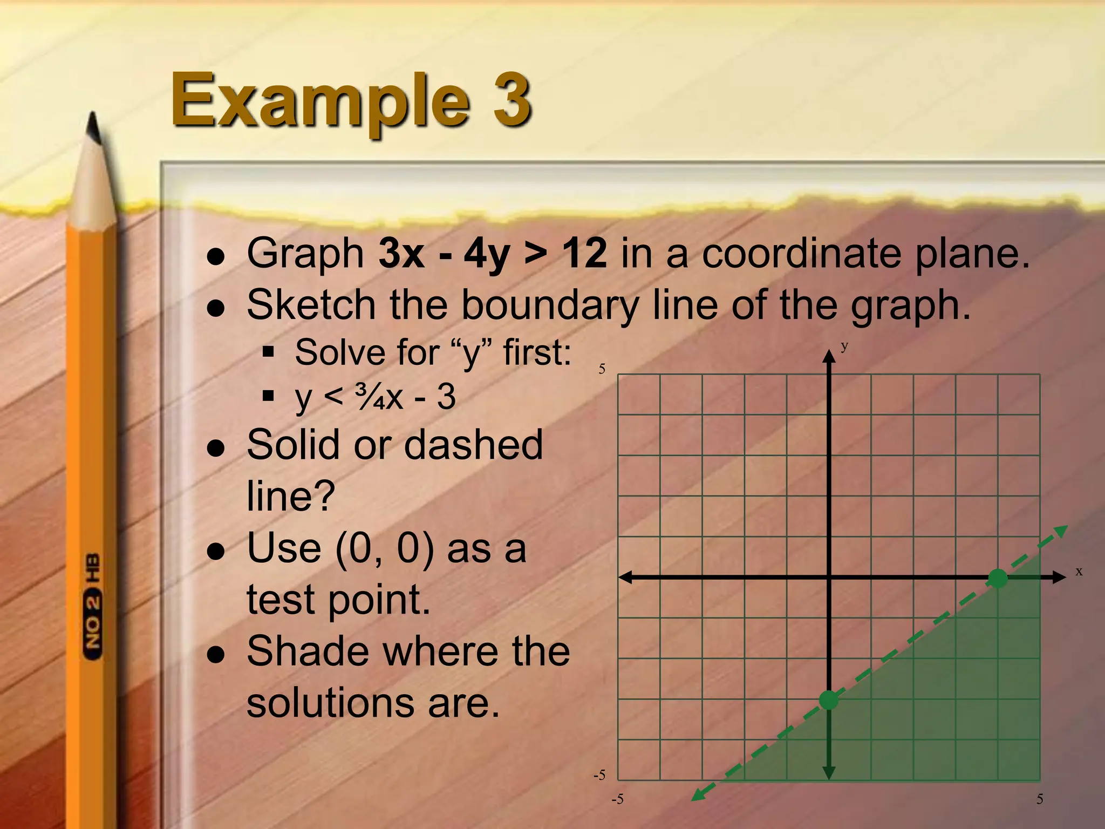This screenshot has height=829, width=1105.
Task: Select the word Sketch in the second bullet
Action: coord(311,304)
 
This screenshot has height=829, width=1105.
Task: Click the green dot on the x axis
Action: coord(998,579)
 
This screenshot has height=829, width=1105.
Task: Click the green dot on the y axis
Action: coord(829,700)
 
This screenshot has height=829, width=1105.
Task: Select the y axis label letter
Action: coord(844,346)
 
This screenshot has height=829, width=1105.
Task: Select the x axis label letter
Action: coord(1079,572)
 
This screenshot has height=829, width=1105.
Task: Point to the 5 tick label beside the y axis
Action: coord(602,369)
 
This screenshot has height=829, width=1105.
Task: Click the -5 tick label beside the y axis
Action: coord(599,775)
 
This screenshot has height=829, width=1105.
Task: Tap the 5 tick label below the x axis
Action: coord(1040,799)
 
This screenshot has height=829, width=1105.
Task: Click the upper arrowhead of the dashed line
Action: coord(1061,531)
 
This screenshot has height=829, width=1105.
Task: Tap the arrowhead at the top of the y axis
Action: coord(829,356)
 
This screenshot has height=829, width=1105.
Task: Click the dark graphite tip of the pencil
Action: coord(95,128)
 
